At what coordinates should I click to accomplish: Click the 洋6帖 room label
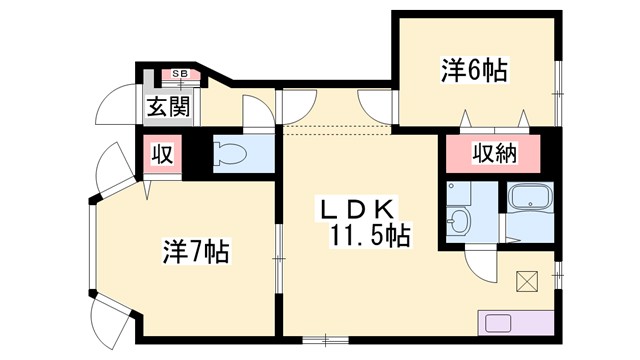point(474,71)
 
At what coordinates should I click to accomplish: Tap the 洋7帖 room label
point(196,252)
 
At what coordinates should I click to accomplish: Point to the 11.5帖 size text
point(370,236)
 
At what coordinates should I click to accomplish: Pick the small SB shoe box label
point(181,74)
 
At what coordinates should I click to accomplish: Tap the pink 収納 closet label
point(491,154)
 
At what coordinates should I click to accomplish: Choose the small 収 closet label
point(161,154)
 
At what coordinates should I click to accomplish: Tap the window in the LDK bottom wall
point(322,341)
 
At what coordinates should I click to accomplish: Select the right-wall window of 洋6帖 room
point(558,78)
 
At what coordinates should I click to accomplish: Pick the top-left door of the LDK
point(297,106)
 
